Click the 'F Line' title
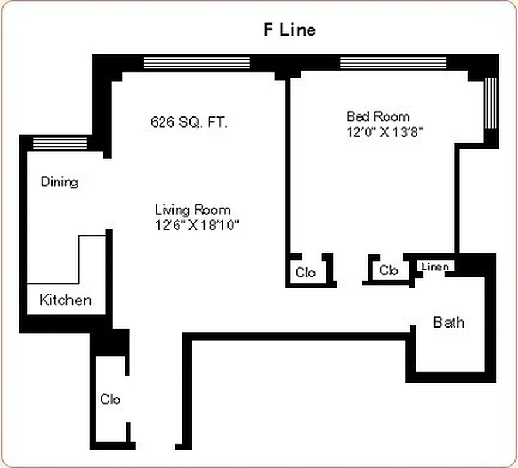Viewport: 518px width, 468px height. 289,30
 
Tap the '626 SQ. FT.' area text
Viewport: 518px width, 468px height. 189,123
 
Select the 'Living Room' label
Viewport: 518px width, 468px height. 192,209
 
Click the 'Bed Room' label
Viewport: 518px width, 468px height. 378,116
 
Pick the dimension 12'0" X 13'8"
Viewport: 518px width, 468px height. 384,132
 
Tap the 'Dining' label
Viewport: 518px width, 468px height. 59,182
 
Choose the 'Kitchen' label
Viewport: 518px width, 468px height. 65,300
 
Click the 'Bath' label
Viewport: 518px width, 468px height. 448,322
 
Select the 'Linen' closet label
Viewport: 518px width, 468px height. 434,267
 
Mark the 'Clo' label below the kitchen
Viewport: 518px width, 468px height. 110,400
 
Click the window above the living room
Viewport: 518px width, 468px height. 196,63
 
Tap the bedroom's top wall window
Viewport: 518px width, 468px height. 393,63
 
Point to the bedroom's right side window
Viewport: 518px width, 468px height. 491,102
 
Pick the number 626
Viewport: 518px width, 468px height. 163,123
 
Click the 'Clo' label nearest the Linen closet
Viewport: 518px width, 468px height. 389,270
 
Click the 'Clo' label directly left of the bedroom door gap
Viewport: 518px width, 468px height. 305,272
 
